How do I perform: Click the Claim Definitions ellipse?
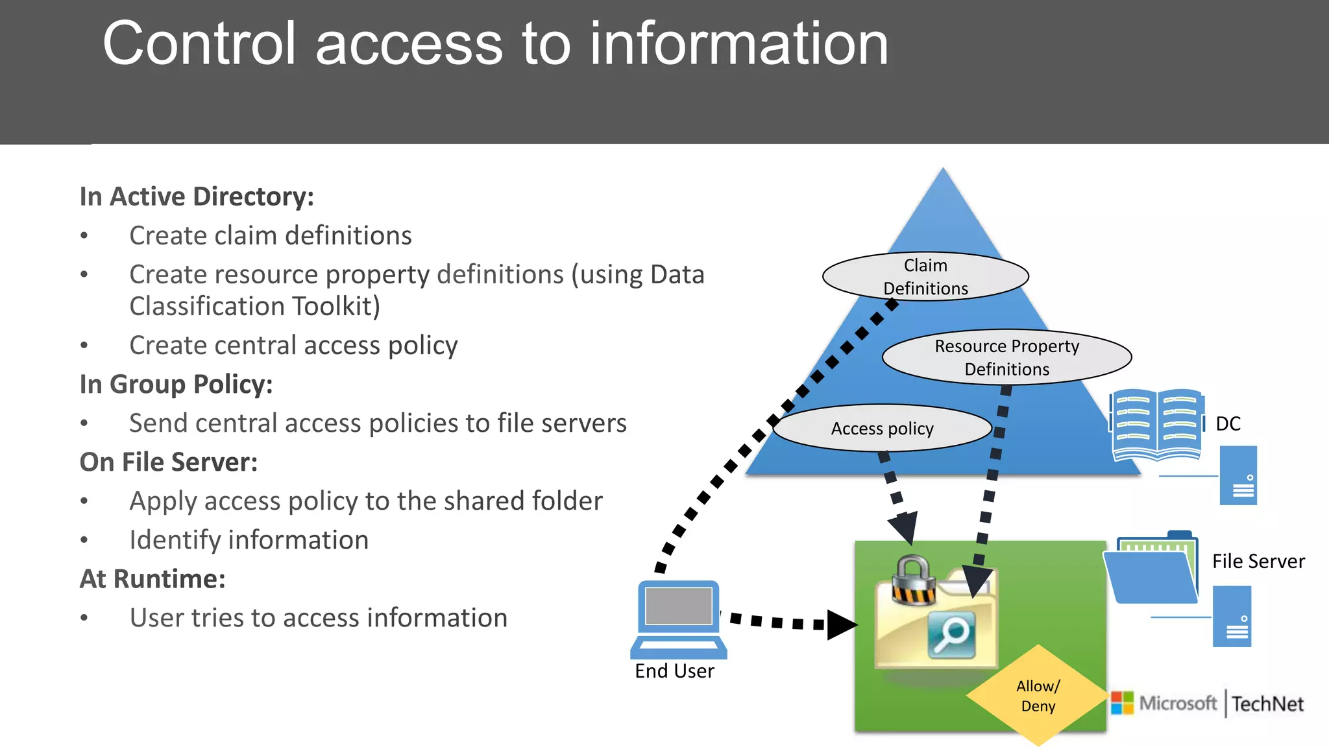click(925, 276)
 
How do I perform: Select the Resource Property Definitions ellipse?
click(1006, 357)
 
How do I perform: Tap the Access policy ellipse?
click(882, 429)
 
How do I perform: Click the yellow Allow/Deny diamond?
click(1038, 696)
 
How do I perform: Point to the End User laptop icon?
click(679, 619)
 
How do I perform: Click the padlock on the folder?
click(912, 580)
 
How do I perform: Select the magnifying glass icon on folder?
click(952, 635)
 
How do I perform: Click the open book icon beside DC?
click(1156, 425)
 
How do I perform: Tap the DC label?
click(1228, 424)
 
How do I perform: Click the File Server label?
click(1258, 562)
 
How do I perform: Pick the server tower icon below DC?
click(1238, 475)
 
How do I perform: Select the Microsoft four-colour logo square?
click(1122, 703)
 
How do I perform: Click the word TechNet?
click(1267, 704)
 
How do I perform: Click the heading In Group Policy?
click(176, 385)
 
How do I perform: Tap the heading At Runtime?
click(152, 579)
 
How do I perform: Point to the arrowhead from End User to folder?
click(842, 625)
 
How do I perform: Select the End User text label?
click(674, 671)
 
